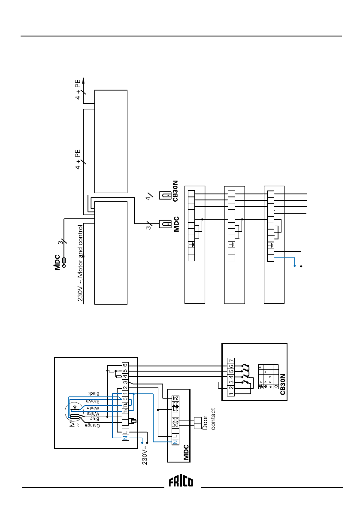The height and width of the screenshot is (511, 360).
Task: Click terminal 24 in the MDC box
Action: tap(175, 399)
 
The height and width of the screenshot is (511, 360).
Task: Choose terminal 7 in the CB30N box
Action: tap(231, 360)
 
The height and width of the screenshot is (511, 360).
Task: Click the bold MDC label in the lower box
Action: tap(186, 452)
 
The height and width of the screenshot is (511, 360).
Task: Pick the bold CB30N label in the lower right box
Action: tap(282, 384)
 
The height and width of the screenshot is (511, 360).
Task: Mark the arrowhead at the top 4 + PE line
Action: tap(84, 80)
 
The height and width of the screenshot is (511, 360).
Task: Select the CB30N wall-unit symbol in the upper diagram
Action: tap(165, 195)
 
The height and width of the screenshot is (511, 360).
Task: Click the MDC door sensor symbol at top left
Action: tap(64, 261)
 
